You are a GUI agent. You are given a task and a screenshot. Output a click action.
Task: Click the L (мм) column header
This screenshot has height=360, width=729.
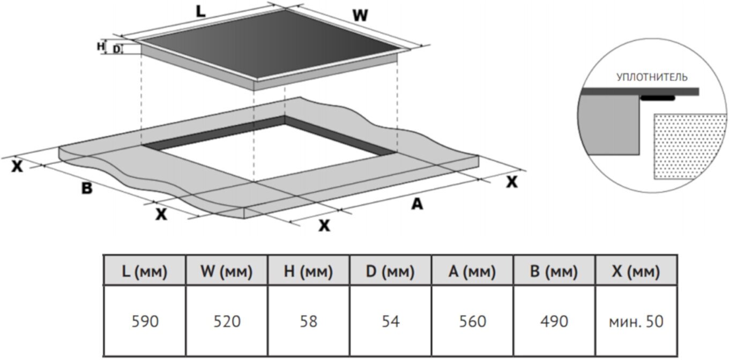(x=144, y=272)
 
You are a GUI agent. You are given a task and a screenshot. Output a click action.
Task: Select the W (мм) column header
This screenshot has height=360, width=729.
(x=226, y=272)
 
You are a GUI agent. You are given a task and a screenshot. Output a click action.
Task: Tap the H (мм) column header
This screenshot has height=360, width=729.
(x=308, y=272)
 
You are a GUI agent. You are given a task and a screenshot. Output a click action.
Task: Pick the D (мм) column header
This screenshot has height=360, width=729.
(x=390, y=272)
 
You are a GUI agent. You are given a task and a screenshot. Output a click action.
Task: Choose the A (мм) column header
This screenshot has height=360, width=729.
(x=472, y=272)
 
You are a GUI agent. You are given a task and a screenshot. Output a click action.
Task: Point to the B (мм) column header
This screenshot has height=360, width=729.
(x=554, y=272)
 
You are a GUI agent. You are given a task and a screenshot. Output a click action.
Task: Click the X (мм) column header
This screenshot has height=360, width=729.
(x=635, y=272)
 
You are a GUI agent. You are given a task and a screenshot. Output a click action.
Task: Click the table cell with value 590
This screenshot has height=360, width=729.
(x=144, y=321)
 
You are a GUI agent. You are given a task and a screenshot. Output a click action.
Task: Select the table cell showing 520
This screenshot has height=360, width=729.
(x=226, y=321)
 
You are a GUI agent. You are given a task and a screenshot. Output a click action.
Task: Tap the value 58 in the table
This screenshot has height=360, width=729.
(x=308, y=321)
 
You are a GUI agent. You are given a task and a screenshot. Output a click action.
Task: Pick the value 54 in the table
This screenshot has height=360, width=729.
(x=390, y=321)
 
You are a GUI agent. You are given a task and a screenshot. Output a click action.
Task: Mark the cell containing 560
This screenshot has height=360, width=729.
(x=472, y=321)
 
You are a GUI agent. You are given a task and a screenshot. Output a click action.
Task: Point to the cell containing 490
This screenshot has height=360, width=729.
(x=554, y=321)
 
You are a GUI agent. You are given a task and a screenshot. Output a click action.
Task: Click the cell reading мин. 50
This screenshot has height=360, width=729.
(x=636, y=321)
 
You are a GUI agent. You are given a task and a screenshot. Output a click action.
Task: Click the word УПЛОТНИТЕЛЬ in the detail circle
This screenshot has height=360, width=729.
(x=652, y=78)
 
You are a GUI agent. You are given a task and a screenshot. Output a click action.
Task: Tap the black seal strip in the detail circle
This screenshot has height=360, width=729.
(x=658, y=99)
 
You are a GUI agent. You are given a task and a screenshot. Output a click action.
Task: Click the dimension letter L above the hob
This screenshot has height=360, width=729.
(x=200, y=12)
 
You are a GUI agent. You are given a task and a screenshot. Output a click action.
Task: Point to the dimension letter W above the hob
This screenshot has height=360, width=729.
(x=360, y=16)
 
